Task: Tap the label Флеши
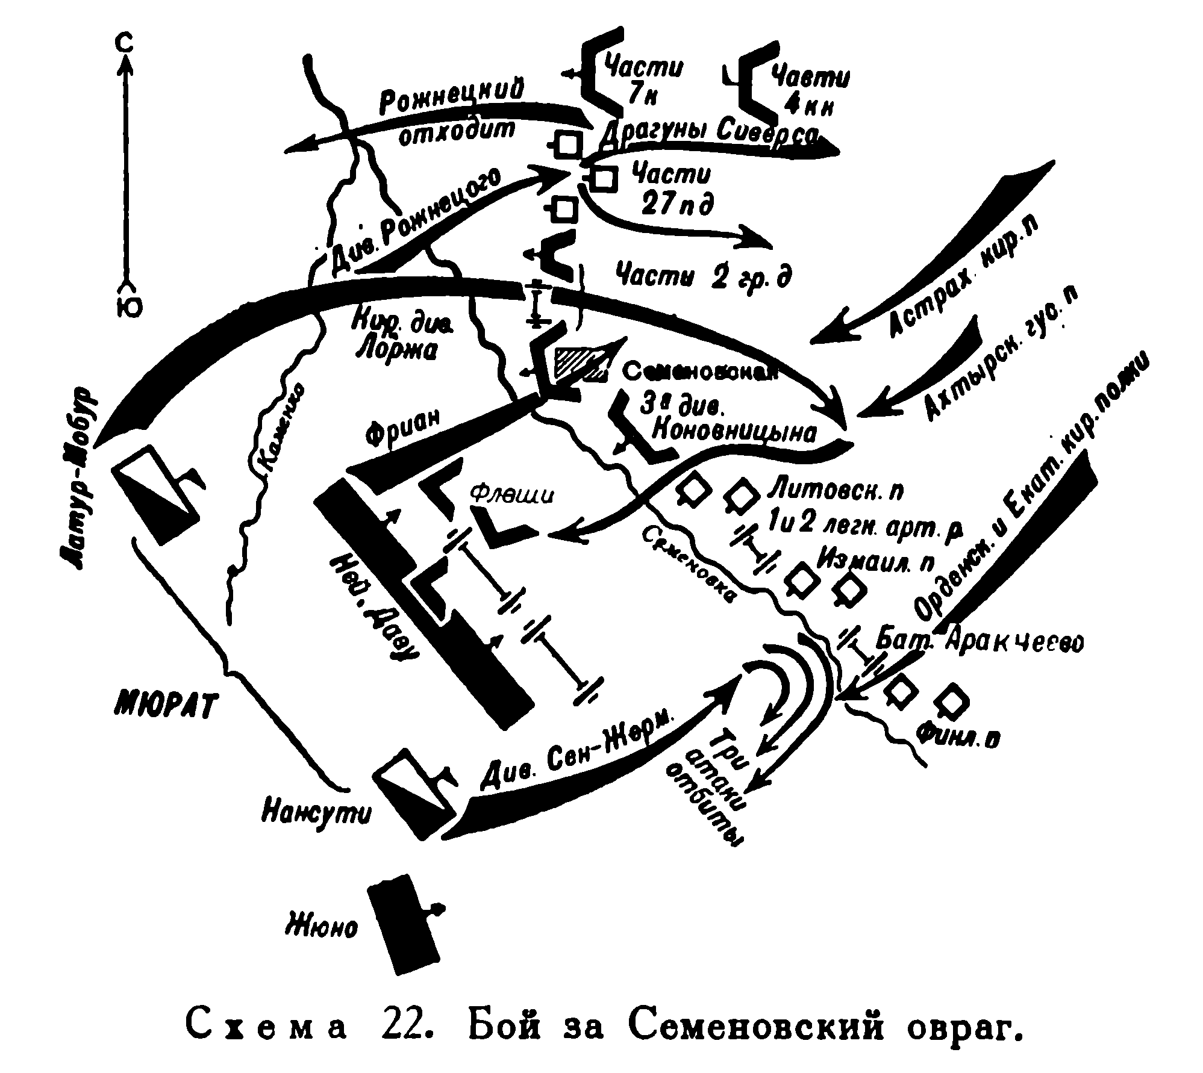pyautogui.click(x=510, y=495)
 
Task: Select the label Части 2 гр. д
pyautogui.click(x=703, y=276)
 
